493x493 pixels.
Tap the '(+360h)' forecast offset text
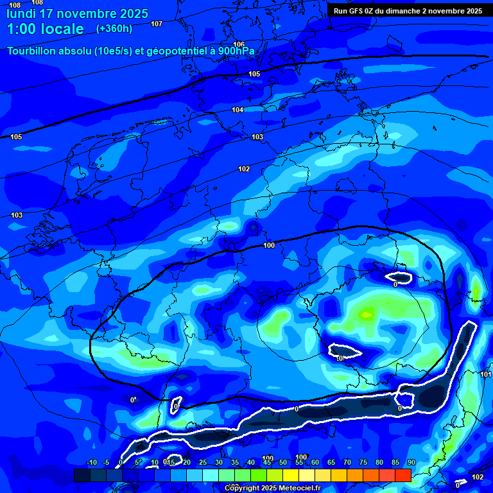click(114, 29)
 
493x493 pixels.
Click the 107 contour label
click(157, 24)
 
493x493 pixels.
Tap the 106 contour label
click(239, 44)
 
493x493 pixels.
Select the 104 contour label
click(238, 110)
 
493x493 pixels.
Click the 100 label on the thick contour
click(269, 245)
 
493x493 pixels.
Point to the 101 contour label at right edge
click(485, 374)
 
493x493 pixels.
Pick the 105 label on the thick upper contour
click(254, 74)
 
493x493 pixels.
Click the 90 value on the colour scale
click(411, 463)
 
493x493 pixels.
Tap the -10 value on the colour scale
click(92, 463)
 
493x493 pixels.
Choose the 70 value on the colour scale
click(347, 463)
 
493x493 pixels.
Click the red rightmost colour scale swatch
click(402, 475)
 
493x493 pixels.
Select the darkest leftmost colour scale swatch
click(82, 475)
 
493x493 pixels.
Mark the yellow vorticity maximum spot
click(367, 313)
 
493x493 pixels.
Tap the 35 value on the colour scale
click(235, 463)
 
